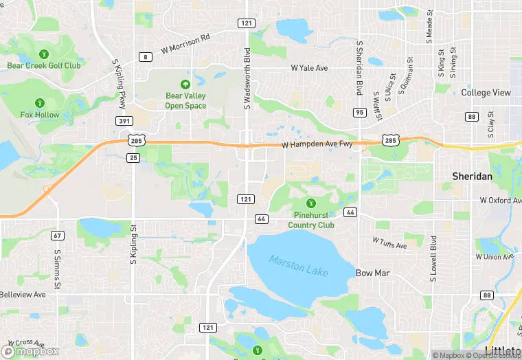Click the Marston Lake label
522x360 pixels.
(x=299, y=266)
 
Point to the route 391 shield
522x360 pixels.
(x=124, y=121)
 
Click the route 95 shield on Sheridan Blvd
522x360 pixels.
(x=360, y=111)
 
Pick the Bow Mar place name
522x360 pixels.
(x=373, y=273)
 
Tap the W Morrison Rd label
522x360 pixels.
(x=185, y=45)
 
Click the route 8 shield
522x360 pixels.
(x=144, y=57)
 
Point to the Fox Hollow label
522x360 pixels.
(x=40, y=115)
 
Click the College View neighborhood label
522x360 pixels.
(x=486, y=93)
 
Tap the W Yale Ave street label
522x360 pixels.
(x=309, y=68)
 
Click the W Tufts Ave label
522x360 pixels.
(x=389, y=241)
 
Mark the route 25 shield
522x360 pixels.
(x=134, y=158)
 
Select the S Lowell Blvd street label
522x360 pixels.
(x=433, y=260)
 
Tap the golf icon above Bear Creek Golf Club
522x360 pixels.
(x=44, y=54)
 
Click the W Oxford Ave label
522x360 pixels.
(x=496, y=201)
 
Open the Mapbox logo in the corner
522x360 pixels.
(x=32, y=350)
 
